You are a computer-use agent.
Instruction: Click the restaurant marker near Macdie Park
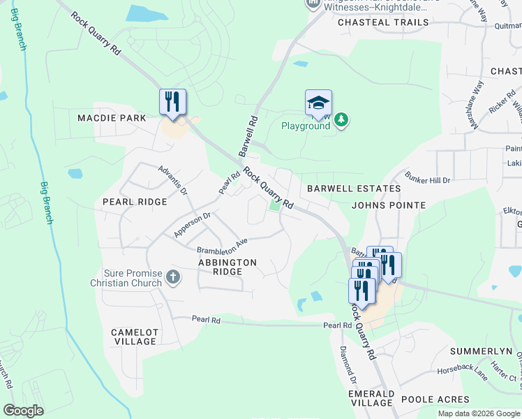click(172, 101)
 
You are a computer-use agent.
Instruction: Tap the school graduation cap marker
click(318, 103)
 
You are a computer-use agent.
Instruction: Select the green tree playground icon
click(341, 121)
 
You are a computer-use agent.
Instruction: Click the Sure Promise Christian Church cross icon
click(173, 279)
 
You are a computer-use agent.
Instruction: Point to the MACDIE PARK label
click(112, 118)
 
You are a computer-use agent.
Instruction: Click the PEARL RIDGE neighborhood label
click(135, 202)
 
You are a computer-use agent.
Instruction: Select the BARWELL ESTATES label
click(354, 189)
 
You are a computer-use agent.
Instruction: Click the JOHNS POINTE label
click(389, 205)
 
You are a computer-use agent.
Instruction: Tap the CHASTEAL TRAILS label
click(383, 22)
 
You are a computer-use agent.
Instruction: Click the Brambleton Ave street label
click(222, 246)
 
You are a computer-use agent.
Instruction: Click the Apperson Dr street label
click(192, 225)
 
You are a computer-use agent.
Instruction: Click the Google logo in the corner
click(24, 411)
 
